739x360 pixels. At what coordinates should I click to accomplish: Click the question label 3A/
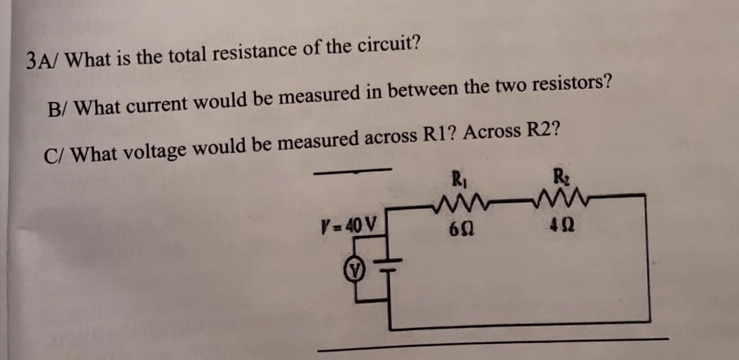click(46, 59)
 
